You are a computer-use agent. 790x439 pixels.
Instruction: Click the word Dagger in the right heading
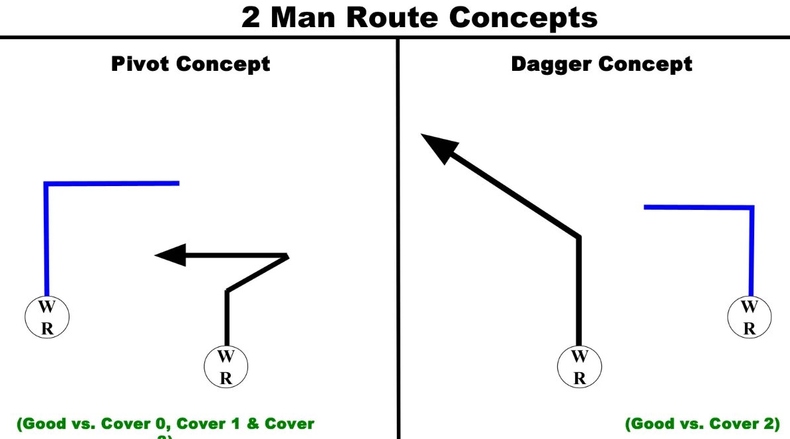(550, 64)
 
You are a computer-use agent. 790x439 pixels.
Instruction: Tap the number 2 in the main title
(251, 17)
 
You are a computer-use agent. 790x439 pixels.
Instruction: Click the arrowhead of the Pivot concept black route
(168, 255)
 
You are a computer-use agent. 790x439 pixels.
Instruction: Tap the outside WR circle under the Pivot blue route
(46, 318)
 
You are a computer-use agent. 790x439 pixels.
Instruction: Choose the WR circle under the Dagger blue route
(749, 317)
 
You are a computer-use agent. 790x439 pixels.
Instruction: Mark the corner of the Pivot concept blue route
(46, 184)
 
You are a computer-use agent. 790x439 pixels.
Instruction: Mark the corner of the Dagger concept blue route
(752, 208)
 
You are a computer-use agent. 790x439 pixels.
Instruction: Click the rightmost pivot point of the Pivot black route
(287, 256)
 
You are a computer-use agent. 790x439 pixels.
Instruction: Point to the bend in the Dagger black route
(579, 236)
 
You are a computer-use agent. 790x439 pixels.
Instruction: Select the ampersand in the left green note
(253, 424)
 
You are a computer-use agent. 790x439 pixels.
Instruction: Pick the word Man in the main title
(305, 17)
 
